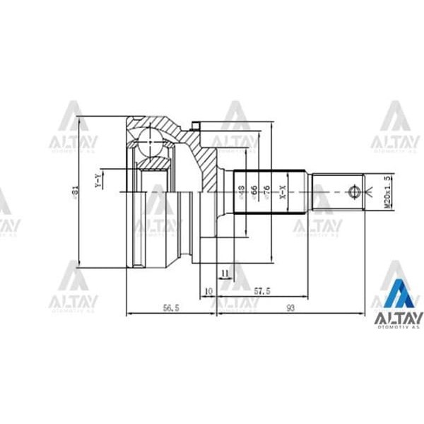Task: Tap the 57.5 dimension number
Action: pyautogui.click(x=262, y=289)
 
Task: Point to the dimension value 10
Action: pyautogui.click(x=208, y=290)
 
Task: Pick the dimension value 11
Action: pyautogui.click(x=224, y=272)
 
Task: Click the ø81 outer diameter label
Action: pyautogui.click(x=75, y=191)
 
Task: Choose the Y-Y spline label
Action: pyautogui.click(x=98, y=181)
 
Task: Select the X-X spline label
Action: pyautogui.click(x=282, y=191)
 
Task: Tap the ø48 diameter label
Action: pyautogui.click(x=241, y=191)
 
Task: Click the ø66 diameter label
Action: pyautogui.click(x=254, y=191)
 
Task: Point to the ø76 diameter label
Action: pyautogui.click(x=267, y=191)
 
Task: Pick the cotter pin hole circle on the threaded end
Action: pyautogui.click(x=353, y=191)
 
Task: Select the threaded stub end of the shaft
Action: pyautogui.click(x=339, y=191)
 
